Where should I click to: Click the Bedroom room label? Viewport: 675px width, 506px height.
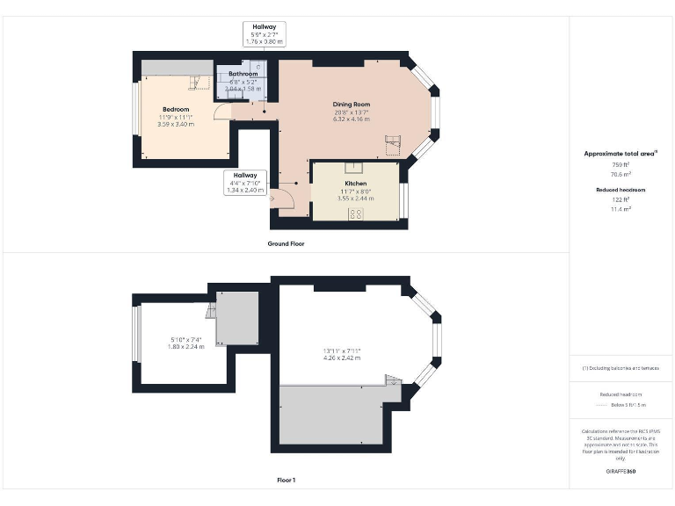coord(176,109)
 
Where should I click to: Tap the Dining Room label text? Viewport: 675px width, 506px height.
coord(351,104)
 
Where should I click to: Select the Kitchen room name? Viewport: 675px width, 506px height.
coord(355,184)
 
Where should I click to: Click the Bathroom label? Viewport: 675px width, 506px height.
coord(243,74)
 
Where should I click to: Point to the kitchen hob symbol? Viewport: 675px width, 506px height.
coord(357,213)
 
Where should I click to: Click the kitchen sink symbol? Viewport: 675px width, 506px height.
coord(355,167)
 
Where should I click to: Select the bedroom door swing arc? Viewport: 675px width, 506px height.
coord(222,112)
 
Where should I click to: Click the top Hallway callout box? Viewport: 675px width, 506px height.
coord(264,34)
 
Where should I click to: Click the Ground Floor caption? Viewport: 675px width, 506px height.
coord(286,243)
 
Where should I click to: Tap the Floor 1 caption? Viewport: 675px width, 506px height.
coord(286,481)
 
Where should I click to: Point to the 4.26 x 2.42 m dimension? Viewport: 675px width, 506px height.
coord(342,358)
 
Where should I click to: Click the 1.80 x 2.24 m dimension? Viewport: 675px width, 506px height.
coord(186,346)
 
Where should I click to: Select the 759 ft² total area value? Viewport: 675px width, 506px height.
coord(621,164)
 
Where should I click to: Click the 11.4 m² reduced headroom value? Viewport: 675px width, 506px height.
coord(621,209)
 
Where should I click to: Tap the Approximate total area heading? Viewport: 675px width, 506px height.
coord(621,154)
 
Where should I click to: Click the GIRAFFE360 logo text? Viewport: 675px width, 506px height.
coord(621,472)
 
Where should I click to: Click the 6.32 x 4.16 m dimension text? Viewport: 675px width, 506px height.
coord(351,119)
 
